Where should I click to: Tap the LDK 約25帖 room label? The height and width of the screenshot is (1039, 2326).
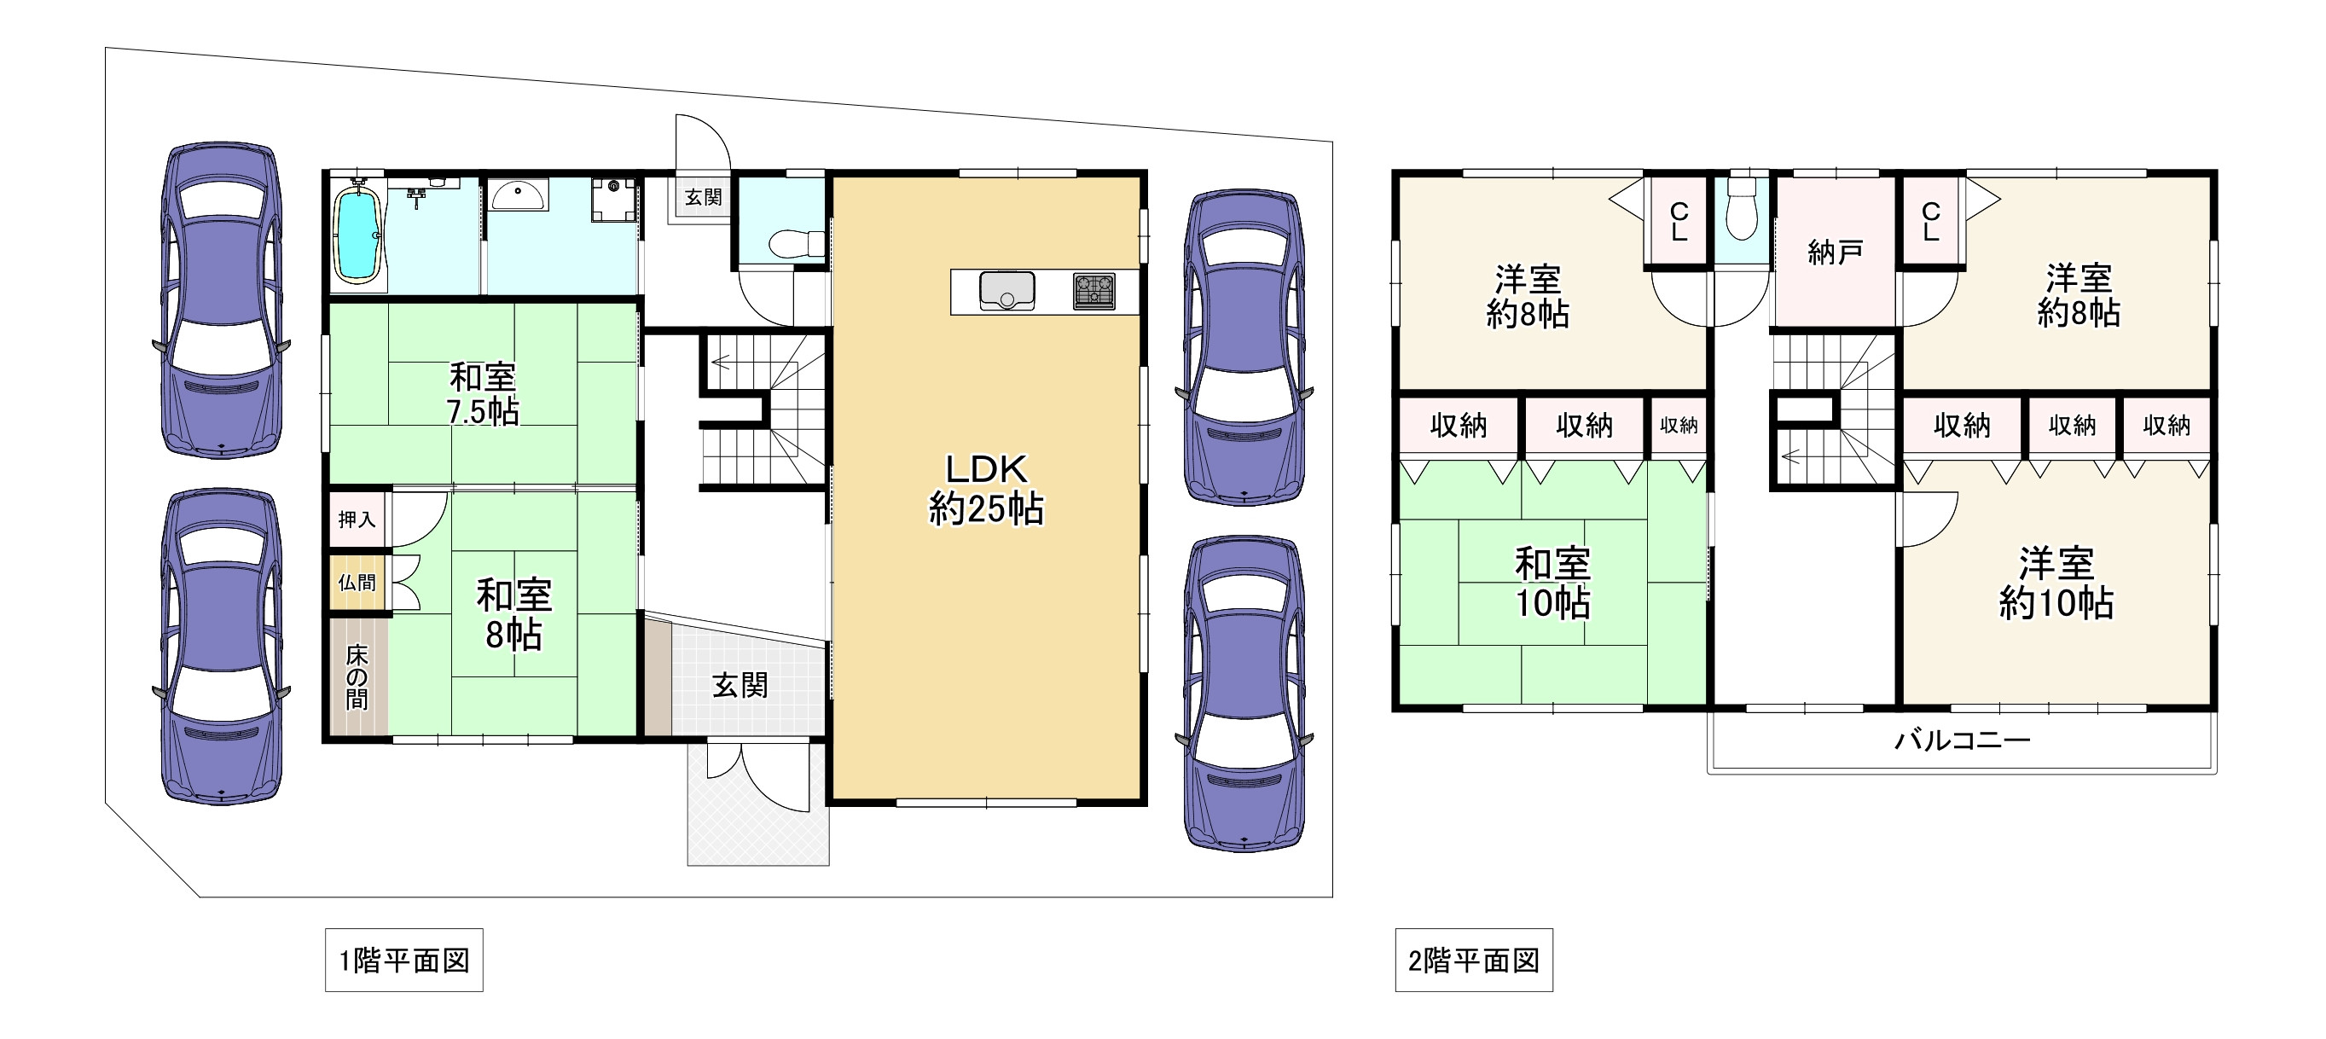click(986, 490)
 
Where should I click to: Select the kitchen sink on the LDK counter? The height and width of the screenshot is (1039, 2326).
click(1006, 291)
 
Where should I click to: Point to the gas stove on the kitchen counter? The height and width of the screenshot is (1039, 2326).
click(1093, 291)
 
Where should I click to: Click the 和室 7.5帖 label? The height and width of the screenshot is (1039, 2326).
click(483, 393)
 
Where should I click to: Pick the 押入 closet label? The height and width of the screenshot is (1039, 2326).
click(357, 519)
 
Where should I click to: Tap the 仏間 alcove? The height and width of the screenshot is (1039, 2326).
click(357, 583)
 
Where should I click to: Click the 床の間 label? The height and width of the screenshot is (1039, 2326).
click(357, 677)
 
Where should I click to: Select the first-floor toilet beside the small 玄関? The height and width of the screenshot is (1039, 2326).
click(795, 242)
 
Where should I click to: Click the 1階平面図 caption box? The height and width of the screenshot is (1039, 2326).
click(403, 961)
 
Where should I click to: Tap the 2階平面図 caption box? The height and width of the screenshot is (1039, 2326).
click(1474, 961)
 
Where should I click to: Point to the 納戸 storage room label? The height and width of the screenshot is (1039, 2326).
click(1835, 252)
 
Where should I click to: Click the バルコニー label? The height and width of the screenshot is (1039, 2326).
click(1961, 740)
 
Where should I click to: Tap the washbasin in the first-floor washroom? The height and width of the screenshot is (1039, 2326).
click(518, 194)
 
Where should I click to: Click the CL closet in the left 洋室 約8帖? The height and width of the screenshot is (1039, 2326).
click(1679, 221)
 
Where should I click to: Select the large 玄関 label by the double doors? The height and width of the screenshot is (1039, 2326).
click(740, 685)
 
